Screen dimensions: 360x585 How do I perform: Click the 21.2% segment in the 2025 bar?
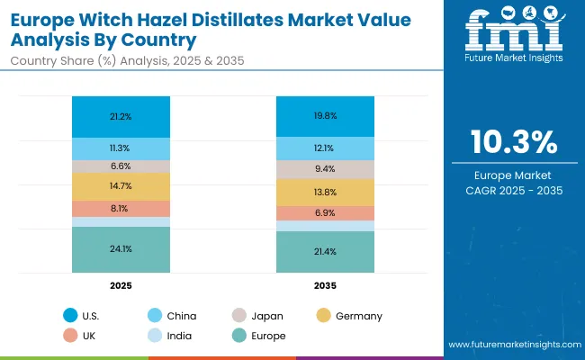pos(121,115)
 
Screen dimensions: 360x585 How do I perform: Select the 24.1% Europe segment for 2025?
pos(121,249)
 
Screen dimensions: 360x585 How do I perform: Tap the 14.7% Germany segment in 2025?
pos(121,186)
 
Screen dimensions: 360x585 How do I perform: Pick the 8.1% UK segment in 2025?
pos(121,208)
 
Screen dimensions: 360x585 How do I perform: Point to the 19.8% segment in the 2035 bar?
pos(325,115)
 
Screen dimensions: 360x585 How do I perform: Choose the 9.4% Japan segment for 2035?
pos(325,168)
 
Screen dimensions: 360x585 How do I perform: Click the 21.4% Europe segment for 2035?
pos(325,251)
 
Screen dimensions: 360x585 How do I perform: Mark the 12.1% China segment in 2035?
pos(325,148)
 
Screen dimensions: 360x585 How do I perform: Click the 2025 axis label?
pos(121,284)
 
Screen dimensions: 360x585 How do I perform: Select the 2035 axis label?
pos(325,284)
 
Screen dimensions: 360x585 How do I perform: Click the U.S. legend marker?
pos(70,316)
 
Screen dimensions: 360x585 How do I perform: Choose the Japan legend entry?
pos(265,316)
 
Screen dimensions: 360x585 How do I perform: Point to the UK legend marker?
pos(70,336)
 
